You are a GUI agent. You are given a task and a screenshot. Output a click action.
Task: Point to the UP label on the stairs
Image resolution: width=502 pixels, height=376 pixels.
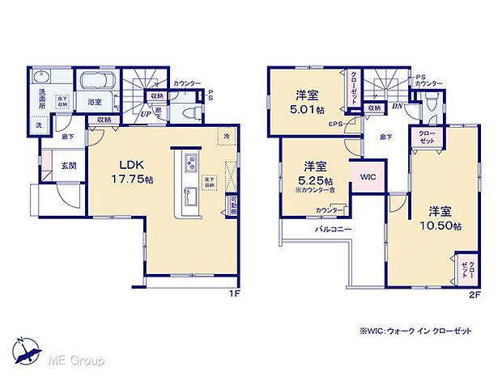tap(147, 114)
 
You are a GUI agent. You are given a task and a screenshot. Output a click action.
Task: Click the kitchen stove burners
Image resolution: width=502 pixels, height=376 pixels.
tap(189, 163)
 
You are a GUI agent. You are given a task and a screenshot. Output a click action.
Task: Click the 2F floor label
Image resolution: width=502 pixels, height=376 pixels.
tap(476, 294)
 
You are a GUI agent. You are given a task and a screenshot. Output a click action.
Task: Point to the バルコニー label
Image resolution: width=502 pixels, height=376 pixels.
tap(333, 230)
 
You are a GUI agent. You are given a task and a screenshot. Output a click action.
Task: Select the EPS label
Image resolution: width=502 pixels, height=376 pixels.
tap(335, 125)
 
